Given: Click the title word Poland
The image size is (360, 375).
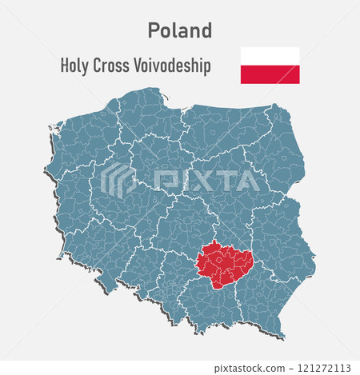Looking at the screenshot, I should [x=180, y=30].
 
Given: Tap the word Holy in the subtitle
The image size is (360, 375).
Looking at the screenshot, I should [x=76, y=66].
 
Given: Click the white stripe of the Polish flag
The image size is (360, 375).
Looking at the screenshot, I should [x=270, y=56].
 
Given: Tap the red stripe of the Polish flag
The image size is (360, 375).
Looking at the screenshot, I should [x=270, y=74].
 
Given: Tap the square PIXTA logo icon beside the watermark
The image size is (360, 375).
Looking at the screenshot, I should [x=118, y=179].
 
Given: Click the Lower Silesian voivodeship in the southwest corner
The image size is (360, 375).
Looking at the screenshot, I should [x=100, y=252].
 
